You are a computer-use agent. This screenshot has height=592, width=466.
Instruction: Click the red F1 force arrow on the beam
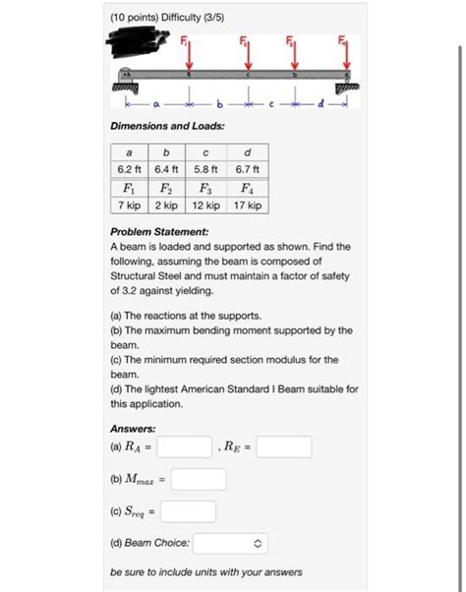[x=189, y=57]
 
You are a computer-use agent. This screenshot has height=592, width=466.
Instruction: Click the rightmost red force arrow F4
[x=344, y=57]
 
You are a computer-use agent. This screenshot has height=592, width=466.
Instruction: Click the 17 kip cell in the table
[x=247, y=206]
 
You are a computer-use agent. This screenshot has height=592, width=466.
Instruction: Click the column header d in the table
[x=247, y=152]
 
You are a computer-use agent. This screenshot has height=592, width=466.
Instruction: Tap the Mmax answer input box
[x=199, y=480]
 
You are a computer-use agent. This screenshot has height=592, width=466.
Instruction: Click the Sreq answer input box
[x=189, y=511]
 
